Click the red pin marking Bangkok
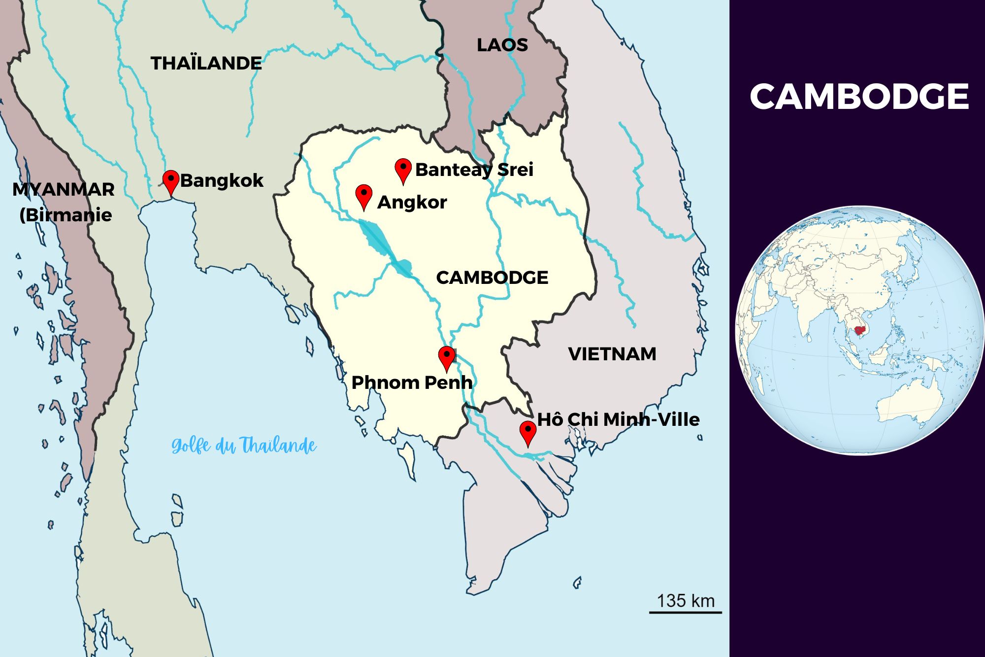[x=171, y=181]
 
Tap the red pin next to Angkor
[x=363, y=195]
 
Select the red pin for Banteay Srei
[x=403, y=169]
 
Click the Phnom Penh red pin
[x=447, y=356]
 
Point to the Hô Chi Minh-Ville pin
[x=528, y=432]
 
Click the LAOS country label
[x=502, y=45]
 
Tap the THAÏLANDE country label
[x=206, y=63]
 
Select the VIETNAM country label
[x=612, y=354]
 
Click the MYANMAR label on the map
[x=63, y=189]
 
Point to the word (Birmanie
[x=66, y=215]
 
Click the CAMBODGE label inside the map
[x=492, y=277]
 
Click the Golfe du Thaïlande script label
[x=244, y=446]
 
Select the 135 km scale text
[x=685, y=601]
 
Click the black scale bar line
[x=685, y=612]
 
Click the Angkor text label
[x=412, y=202]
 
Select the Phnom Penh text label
[x=412, y=382]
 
